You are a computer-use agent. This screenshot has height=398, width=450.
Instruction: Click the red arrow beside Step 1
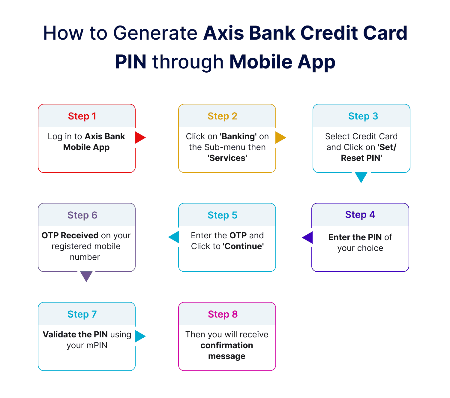[x=139, y=137]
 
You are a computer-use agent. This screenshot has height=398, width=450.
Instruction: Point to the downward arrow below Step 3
[x=361, y=177]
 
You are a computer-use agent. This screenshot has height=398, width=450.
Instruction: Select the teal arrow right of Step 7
[x=139, y=336]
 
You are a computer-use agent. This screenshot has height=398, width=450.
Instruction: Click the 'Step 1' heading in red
[x=82, y=116]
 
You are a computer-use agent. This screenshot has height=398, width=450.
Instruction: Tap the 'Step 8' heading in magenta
[x=223, y=314]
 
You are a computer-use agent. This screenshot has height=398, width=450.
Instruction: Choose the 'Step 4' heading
[x=360, y=215]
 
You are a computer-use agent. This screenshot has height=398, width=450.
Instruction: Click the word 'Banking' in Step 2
[x=238, y=137]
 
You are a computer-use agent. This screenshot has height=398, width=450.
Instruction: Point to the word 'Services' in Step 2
[x=227, y=158]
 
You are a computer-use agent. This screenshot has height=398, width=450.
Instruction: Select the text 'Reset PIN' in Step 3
[x=361, y=158]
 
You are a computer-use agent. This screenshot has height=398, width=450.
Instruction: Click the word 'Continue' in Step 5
[x=243, y=246]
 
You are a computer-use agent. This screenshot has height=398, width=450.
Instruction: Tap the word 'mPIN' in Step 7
[x=97, y=345]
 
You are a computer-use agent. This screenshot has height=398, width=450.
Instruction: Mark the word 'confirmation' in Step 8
[x=227, y=345]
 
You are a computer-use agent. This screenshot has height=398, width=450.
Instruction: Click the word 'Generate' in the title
[x=155, y=33]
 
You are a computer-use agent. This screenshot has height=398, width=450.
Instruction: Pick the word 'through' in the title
[x=188, y=62]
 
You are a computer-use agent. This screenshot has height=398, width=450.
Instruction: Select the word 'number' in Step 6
[x=85, y=257]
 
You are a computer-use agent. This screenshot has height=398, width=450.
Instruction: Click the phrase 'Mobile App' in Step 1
[x=86, y=147]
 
